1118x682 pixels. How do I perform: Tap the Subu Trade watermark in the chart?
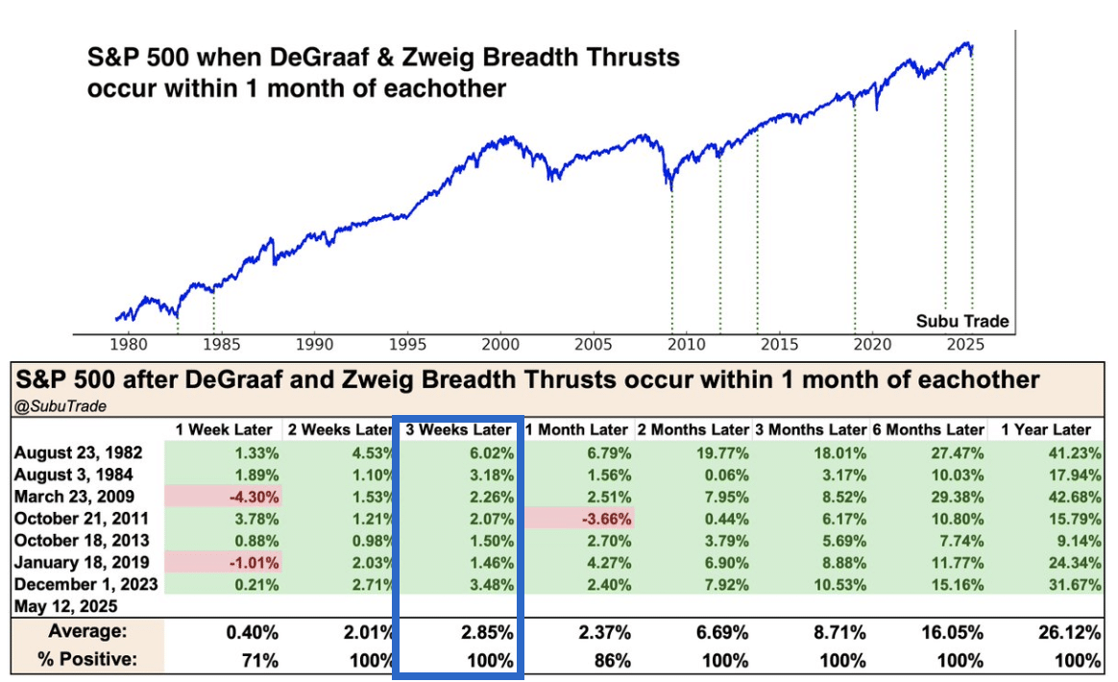pyautogui.click(x=961, y=321)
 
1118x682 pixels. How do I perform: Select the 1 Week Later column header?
pyautogui.click(x=224, y=429)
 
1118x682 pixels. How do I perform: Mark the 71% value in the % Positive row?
pyautogui.click(x=259, y=661)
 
